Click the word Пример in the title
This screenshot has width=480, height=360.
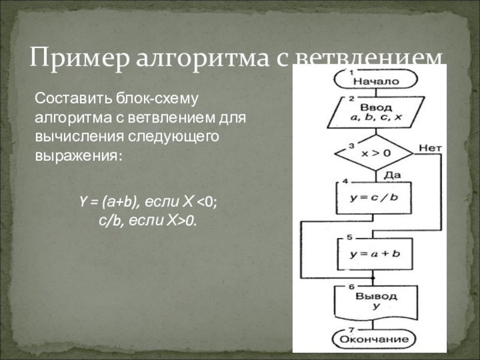point(79,59)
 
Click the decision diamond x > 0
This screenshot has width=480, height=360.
point(375,153)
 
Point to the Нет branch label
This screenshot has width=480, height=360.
point(430,146)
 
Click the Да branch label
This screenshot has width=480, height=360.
point(392,174)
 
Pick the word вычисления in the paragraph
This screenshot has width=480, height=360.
point(77,136)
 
